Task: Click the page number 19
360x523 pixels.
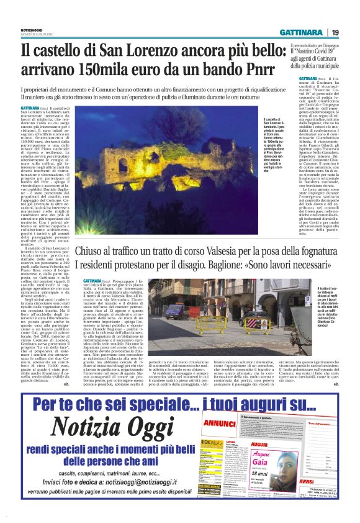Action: coord(335,32)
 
